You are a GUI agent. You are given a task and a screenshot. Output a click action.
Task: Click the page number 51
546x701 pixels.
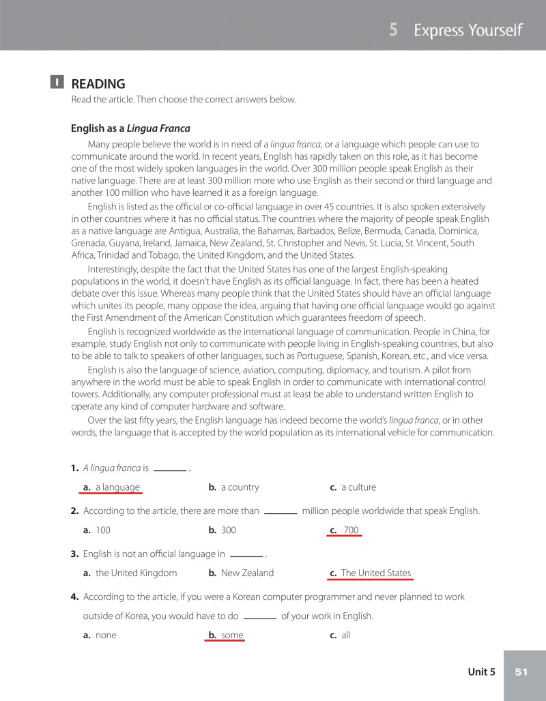(521, 672)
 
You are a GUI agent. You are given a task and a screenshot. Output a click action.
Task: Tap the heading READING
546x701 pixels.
(98, 84)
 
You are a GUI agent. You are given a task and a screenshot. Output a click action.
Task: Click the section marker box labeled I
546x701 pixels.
(57, 83)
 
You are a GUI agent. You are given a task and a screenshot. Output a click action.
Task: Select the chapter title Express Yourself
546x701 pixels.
(468, 30)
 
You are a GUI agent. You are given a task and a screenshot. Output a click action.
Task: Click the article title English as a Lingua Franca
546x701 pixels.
(130, 128)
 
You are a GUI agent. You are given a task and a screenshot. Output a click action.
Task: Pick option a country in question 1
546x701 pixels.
(240, 487)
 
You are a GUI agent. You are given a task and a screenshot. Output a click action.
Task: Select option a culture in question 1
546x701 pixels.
(358, 487)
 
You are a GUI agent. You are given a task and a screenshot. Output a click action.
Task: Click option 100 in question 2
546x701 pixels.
(102, 530)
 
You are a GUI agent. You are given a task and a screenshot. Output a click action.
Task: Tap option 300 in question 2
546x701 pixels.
(228, 530)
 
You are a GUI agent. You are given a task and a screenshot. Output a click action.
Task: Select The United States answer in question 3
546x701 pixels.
(375, 573)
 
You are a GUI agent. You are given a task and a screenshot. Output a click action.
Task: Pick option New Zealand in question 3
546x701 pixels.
(247, 573)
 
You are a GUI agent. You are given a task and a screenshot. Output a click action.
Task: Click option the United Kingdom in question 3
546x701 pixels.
(136, 573)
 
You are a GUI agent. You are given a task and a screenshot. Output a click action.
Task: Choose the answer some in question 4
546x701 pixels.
(231, 635)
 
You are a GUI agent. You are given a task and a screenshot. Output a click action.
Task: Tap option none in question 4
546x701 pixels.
(106, 635)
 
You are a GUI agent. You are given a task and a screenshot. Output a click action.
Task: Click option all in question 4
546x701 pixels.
(345, 635)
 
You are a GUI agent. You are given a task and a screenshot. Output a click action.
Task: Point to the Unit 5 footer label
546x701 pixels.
(481, 672)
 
